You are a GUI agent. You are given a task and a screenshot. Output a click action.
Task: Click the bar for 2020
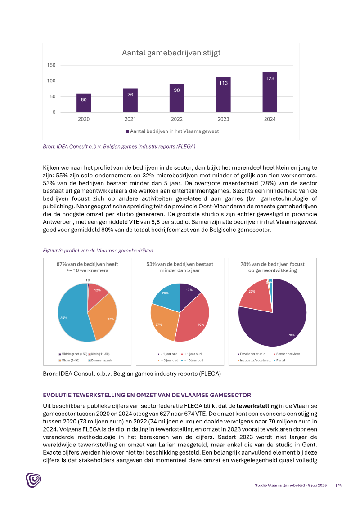coord(84,103)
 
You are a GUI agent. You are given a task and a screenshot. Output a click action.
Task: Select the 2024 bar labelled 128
coord(270,92)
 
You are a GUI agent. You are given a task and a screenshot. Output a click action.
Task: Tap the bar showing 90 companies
coord(177,98)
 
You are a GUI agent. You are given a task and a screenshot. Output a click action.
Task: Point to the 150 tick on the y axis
coord(51,65)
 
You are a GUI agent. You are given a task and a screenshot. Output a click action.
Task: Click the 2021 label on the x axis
coord(130,119)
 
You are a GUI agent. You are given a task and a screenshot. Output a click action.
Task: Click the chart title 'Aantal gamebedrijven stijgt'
coord(171,53)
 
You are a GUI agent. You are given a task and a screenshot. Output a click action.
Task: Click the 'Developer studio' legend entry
coord(252,354)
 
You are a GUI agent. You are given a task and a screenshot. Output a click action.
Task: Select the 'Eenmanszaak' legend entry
coord(101,360)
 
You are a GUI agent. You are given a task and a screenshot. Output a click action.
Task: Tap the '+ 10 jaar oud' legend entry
coord(194,360)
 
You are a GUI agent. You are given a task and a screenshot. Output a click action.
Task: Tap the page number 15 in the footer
coord(340,485)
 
